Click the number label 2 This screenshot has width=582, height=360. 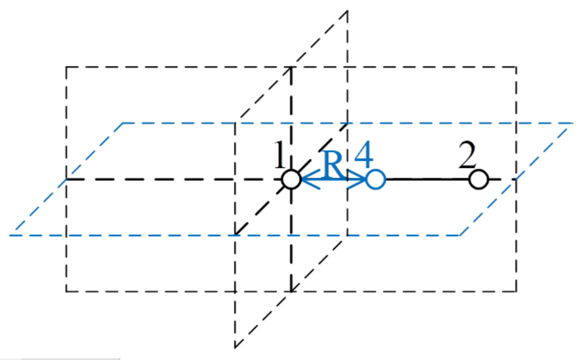[467, 155]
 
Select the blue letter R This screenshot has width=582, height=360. [333, 164]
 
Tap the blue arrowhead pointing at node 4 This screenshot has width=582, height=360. [357, 179]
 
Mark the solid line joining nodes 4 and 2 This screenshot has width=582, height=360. [427, 179]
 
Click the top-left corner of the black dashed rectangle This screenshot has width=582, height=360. [67, 67]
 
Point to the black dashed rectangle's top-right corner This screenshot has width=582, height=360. [516, 67]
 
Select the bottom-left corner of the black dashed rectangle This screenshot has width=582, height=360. [67, 291]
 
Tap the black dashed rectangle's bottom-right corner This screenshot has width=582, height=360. [516, 291]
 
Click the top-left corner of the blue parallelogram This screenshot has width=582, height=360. [123, 123]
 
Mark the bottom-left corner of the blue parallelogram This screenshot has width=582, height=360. [11, 235]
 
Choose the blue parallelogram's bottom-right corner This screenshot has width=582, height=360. [460, 235]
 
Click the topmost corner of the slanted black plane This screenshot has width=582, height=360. [348, 11]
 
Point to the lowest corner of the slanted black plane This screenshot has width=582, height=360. [235, 348]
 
